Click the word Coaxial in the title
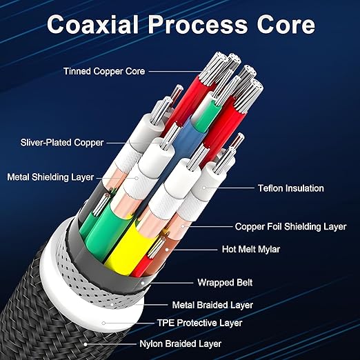(93, 25)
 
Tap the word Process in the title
(198, 25)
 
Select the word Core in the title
(286, 25)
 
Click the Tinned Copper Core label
(104, 71)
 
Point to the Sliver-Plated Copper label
(62, 143)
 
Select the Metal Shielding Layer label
(50, 177)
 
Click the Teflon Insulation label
(291, 188)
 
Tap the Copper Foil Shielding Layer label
(290, 227)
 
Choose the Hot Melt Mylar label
(251, 249)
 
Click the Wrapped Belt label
(225, 283)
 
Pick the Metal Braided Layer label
(212, 305)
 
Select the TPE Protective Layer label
(199, 323)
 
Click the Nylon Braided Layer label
(181, 344)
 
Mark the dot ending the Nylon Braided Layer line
(86, 344)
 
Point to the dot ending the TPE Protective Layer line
(103, 323)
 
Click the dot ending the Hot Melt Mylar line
(167, 250)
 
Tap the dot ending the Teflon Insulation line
(204, 188)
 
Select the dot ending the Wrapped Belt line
(143, 283)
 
